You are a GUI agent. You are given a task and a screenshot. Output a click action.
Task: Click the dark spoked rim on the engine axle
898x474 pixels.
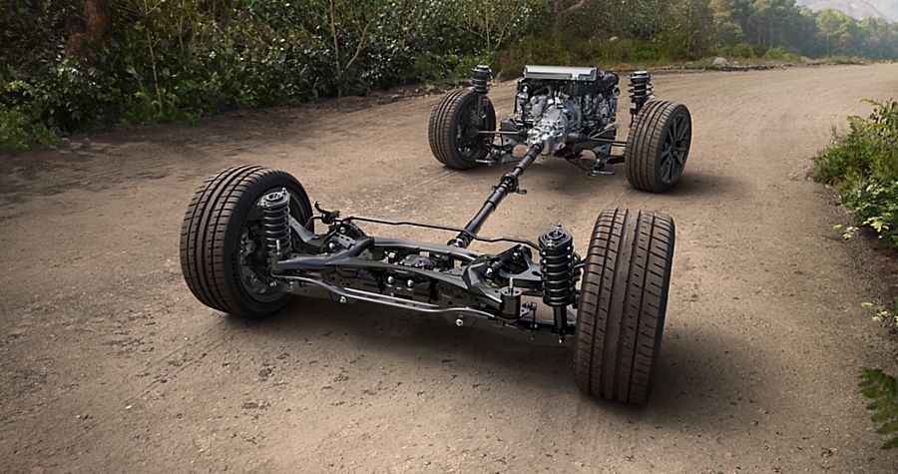click(x=672, y=148)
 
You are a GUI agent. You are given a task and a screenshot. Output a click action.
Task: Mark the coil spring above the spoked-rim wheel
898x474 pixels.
click(x=639, y=88)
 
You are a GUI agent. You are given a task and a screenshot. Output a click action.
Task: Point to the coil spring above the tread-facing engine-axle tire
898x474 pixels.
click(x=482, y=79)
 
